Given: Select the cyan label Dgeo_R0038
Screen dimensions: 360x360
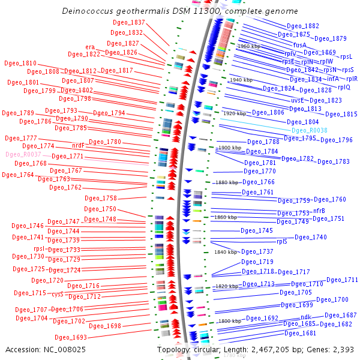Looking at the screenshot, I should (309, 130).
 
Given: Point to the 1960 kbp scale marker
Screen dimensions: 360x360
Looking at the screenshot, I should (249, 46).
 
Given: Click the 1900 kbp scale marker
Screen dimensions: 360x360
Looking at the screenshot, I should (229, 148).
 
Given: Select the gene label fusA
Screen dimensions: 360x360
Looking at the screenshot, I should (300, 45).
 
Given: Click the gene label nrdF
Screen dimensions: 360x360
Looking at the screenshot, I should (78, 145).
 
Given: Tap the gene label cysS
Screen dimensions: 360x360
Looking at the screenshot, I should (57, 294).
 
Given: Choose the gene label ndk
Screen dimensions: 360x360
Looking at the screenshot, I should (306, 317).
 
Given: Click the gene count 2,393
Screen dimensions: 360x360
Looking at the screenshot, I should (343, 349).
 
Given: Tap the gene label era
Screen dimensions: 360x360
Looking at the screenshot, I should (91, 46).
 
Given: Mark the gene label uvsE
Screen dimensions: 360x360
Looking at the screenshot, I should (298, 100).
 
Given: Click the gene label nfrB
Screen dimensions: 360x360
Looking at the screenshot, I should (319, 211).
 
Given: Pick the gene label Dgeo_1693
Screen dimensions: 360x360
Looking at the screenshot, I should (71, 337).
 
